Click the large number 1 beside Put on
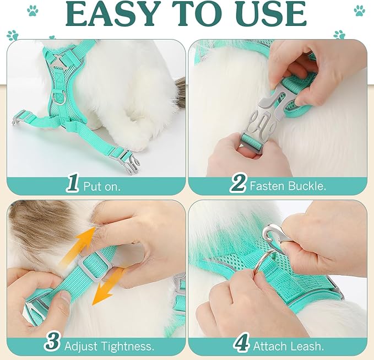click(x=73, y=184)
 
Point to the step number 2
click(x=237, y=184)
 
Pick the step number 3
click(x=52, y=342)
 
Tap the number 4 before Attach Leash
click(x=241, y=342)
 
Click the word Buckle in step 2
click(x=307, y=186)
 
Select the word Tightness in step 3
click(x=127, y=346)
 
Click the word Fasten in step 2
click(x=267, y=186)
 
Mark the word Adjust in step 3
click(x=81, y=346)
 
